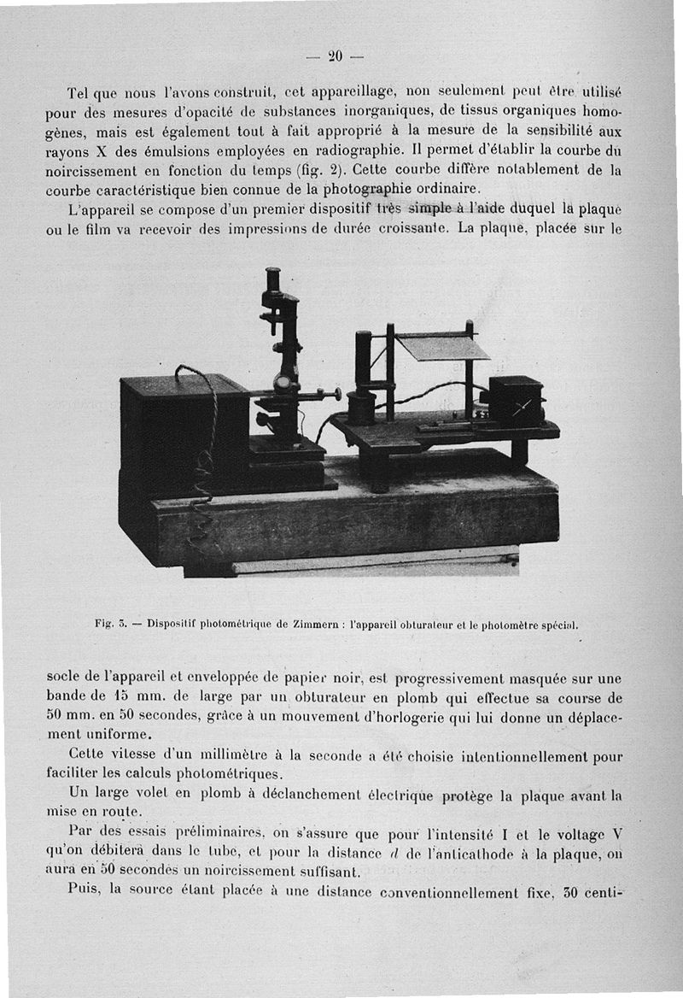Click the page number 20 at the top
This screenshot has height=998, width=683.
coord(334,56)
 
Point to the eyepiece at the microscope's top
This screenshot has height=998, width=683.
coord(272,279)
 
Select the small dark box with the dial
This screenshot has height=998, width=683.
coord(517,399)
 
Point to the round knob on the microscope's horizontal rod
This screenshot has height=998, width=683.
coord(337,394)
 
